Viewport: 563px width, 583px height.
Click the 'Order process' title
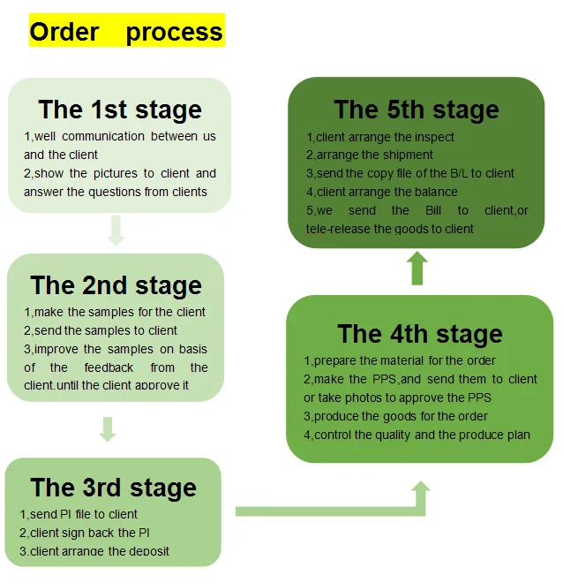click(126, 33)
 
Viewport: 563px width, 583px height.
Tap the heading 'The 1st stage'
click(120, 110)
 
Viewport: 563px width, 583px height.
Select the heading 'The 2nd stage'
click(116, 285)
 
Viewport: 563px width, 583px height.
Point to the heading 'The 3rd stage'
click(113, 488)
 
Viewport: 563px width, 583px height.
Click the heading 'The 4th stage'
click(419, 334)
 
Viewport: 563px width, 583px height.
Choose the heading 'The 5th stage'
click(416, 110)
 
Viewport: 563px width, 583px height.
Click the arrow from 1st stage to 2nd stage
click(116, 231)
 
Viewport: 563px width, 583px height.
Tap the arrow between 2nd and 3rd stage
click(108, 429)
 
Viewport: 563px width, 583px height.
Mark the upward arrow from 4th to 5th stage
click(418, 269)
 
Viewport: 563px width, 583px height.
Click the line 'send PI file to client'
click(79, 514)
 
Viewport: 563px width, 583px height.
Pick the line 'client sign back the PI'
click(85, 533)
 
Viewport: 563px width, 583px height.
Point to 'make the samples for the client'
click(115, 312)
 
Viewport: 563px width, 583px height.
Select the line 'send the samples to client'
click(101, 330)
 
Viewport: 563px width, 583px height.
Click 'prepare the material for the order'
click(400, 360)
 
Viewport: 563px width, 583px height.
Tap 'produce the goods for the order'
click(396, 416)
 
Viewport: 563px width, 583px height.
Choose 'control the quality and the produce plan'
click(417, 435)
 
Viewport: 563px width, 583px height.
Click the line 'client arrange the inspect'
click(380, 137)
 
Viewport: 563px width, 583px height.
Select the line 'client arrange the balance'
click(382, 192)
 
